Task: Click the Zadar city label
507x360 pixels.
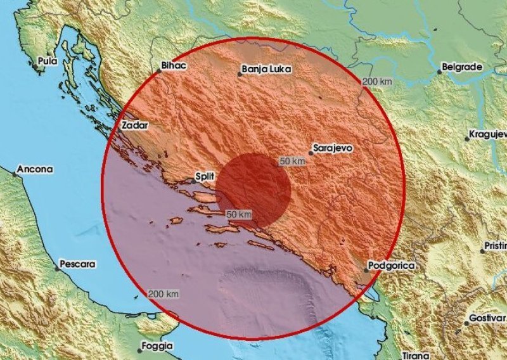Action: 134,125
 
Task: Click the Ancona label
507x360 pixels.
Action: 35,170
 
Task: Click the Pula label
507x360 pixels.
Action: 48,61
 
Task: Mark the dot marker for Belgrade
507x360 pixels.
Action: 439,72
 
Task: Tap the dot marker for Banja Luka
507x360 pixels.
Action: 240,74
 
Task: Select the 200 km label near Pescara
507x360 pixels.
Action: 163,294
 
